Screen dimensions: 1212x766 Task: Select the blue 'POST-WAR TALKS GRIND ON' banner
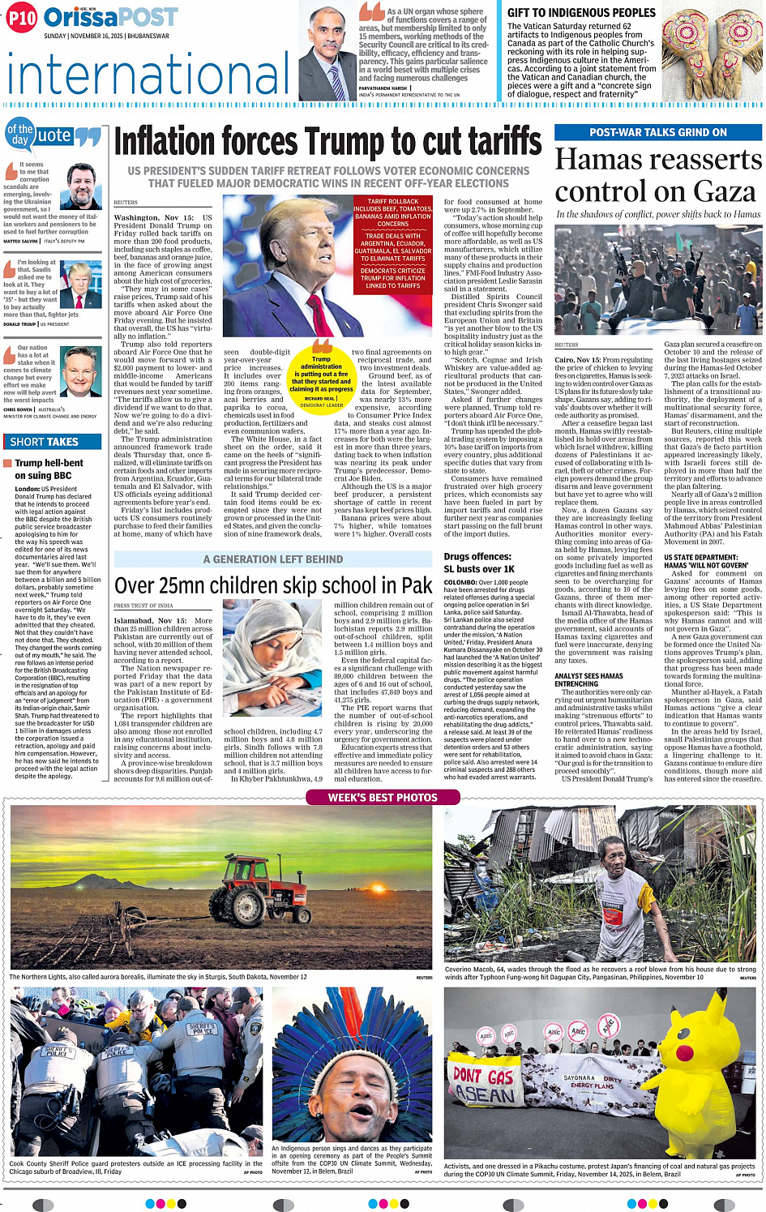(x=657, y=132)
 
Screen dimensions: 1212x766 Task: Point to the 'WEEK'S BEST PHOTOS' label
(x=382, y=798)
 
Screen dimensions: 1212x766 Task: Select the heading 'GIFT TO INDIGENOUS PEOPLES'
(x=581, y=13)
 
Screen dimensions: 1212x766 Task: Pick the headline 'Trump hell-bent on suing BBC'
(x=49, y=469)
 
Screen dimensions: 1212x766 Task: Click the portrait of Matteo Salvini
(x=83, y=187)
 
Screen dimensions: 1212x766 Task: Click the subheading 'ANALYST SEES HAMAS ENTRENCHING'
(x=588, y=679)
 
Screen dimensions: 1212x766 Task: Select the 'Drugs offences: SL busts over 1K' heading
(x=479, y=563)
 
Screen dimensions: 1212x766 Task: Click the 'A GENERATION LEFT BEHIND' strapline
(x=272, y=559)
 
